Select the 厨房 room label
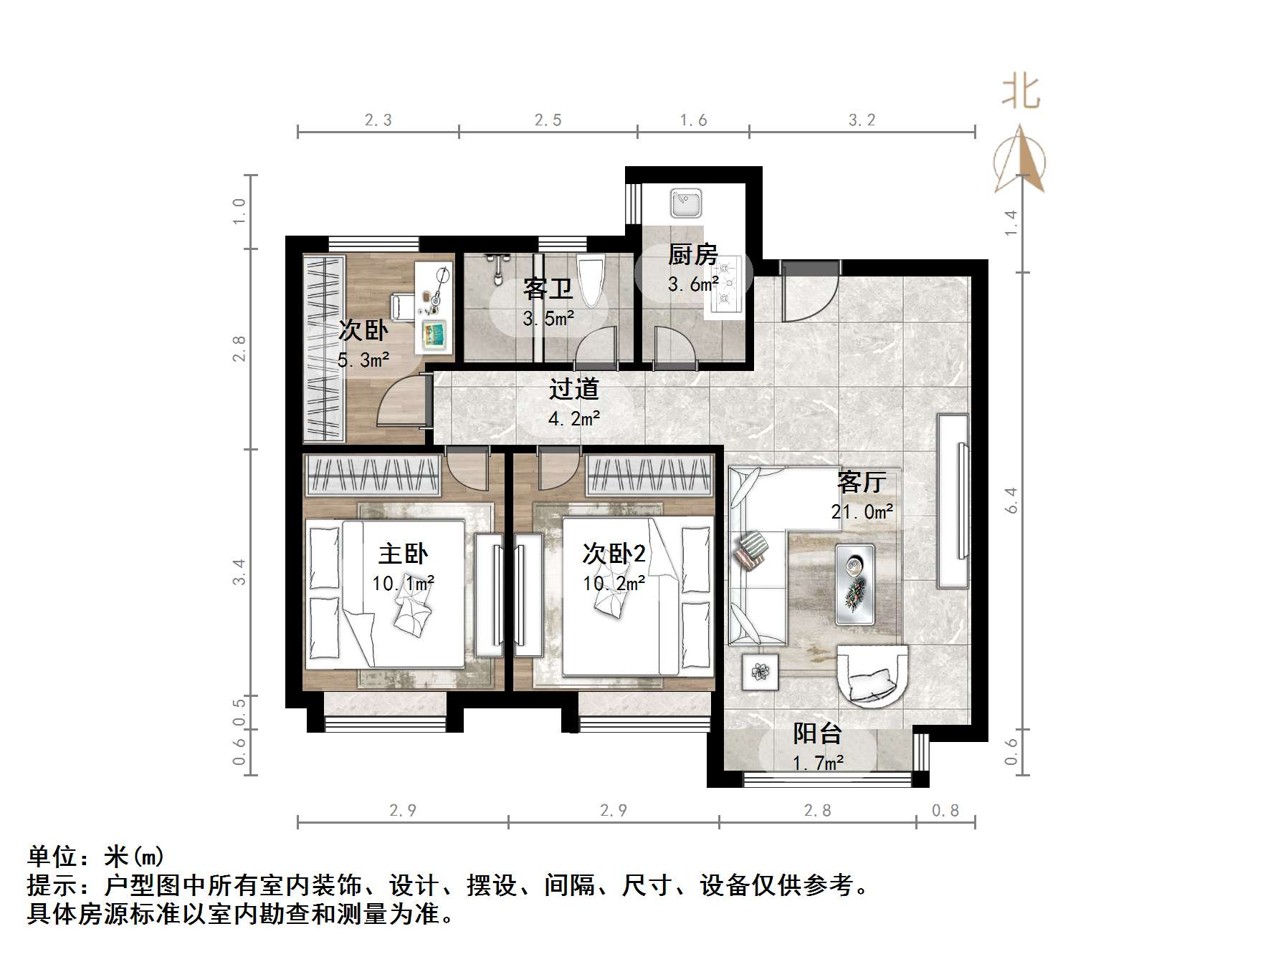tap(692, 255)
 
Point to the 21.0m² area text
tap(862, 512)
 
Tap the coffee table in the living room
tap(854, 584)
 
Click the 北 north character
tap(1021, 93)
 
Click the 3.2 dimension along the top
tap(862, 120)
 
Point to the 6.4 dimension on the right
tap(1011, 500)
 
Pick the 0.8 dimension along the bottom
tap(945, 810)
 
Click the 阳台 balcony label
tap(817, 734)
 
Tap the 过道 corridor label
tap(573, 389)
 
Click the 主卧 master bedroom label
tap(404, 554)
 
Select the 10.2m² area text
tap(614, 584)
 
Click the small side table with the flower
tap(759, 672)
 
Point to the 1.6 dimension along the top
tap(693, 120)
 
